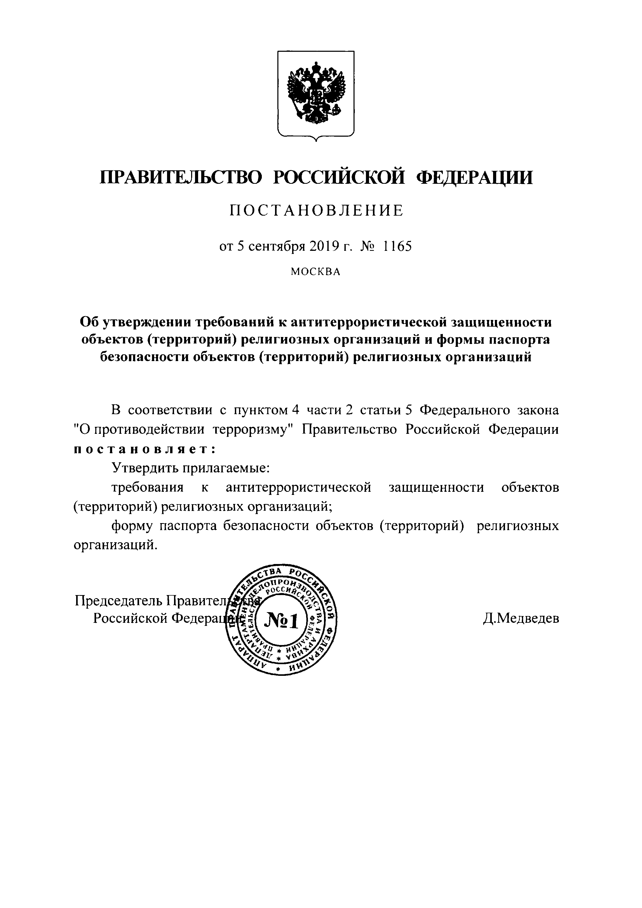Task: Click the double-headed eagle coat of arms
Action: [x=316, y=94]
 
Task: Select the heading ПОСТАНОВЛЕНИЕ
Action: [x=316, y=211]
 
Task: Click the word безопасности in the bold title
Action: [x=145, y=357]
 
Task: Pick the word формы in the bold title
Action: [x=459, y=340]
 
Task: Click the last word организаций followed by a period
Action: [x=116, y=545]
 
